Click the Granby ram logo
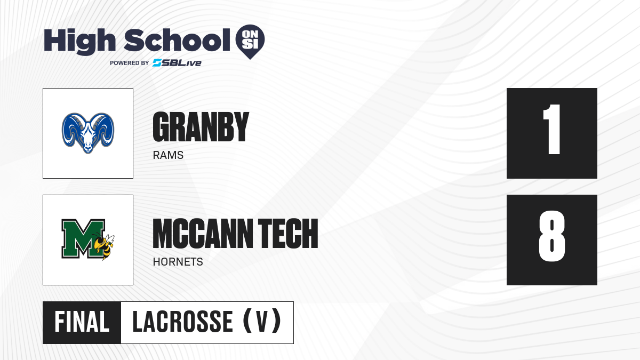88,133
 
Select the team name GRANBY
201,127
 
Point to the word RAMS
168,155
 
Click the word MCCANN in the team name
203,234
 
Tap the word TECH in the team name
288,234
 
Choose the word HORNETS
178,262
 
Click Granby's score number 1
552,129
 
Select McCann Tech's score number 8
552,236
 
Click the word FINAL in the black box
82,322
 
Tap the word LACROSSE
183,322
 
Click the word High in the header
79,41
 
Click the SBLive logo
177,63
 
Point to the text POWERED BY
129,63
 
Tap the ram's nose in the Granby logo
88,149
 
